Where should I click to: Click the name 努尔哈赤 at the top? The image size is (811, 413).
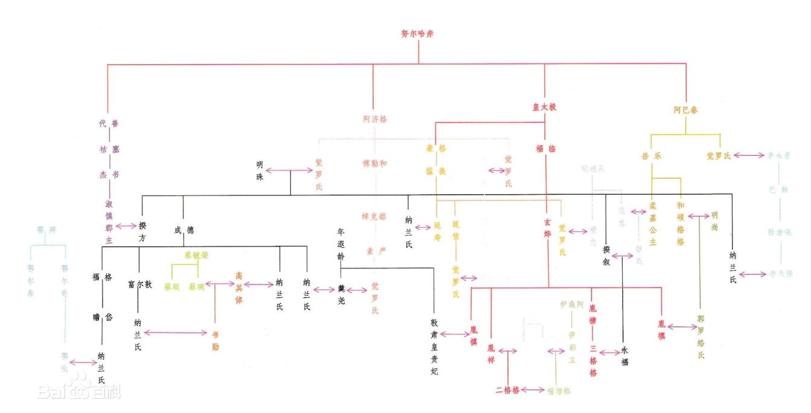tap(417, 34)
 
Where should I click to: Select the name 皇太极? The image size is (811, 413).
tap(544, 107)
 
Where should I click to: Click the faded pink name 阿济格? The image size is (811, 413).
tap(375, 119)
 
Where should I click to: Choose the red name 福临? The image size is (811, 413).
tap(545, 148)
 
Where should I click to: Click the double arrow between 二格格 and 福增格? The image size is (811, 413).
tap(533, 390)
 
